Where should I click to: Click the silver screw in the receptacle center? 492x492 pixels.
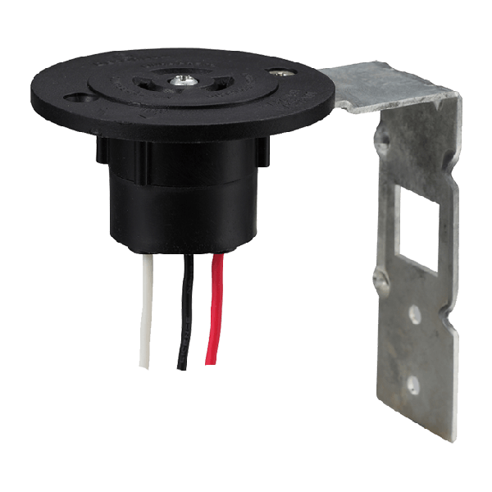[180, 80]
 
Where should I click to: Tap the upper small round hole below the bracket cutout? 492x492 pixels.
[414, 312]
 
